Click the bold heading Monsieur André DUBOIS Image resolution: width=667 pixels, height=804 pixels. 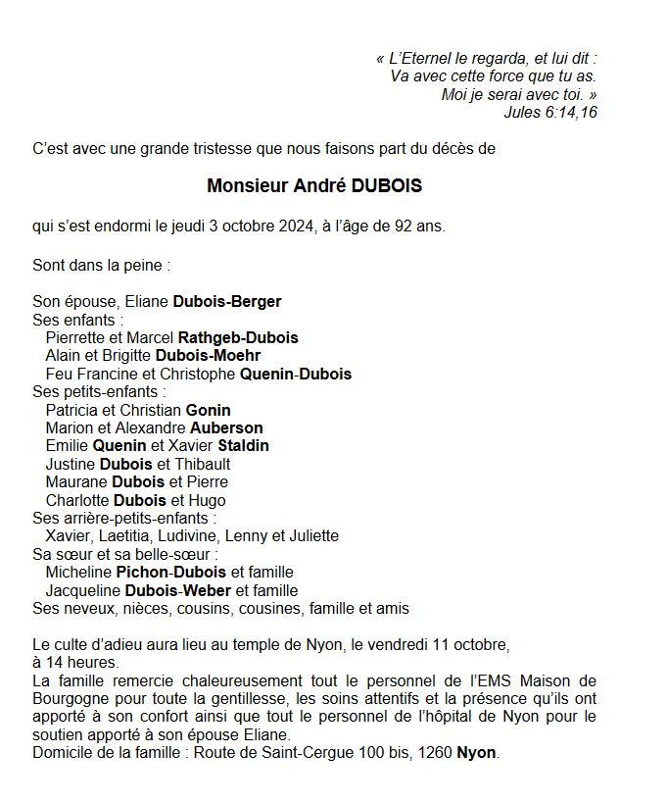314,185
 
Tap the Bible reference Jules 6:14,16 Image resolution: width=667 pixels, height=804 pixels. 550,113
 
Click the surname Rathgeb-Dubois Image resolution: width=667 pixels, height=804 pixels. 238,338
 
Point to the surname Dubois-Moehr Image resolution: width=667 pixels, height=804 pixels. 208,356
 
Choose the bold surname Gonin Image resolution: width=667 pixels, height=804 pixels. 208,410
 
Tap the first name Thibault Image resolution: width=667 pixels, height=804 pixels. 203,464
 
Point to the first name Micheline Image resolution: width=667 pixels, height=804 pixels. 78,572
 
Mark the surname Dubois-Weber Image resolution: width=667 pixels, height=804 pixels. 178,590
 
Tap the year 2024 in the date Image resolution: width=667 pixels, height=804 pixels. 292,227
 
